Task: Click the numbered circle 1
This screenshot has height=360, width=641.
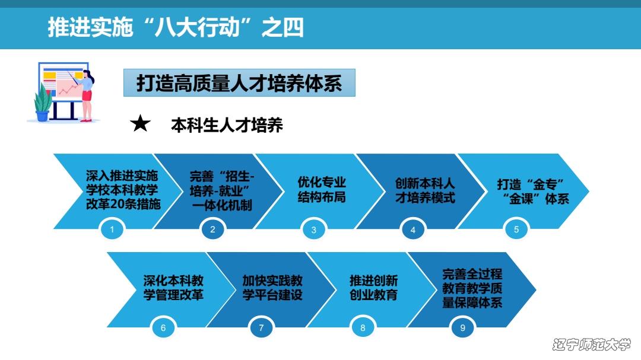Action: click(x=112, y=230)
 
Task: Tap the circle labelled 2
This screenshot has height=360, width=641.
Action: click(x=212, y=230)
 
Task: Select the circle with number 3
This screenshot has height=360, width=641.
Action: click(x=313, y=230)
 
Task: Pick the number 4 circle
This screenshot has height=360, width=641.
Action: click(x=413, y=230)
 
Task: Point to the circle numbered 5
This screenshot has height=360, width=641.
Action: click(x=516, y=230)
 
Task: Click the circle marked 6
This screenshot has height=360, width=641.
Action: click(x=163, y=328)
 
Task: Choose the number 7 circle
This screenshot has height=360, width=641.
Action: click(x=261, y=328)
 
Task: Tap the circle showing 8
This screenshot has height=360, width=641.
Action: click(x=363, y=328)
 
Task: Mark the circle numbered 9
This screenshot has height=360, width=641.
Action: click(x=462, y=328)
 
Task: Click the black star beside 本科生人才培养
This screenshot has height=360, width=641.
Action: click(x=140, y=123)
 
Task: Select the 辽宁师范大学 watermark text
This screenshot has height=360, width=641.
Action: click(x=592, y=345)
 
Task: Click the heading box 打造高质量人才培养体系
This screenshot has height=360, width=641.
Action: click(x=239, y=83)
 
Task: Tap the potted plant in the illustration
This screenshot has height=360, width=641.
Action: click(x=43, y=103)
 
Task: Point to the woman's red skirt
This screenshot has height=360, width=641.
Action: click(x=87, y=95)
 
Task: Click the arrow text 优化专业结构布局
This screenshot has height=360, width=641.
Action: click(x=322, y=190)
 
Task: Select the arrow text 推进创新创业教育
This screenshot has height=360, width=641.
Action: click(x=374, y=288)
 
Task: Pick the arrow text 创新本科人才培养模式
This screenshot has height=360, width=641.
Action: click(x=425, y=190)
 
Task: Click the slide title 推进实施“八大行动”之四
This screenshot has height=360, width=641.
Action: click(x=176, y=27)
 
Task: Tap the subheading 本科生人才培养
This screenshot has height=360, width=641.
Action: click(x=227, y=125)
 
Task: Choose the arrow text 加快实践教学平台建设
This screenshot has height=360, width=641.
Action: click(x=272, y=288)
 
